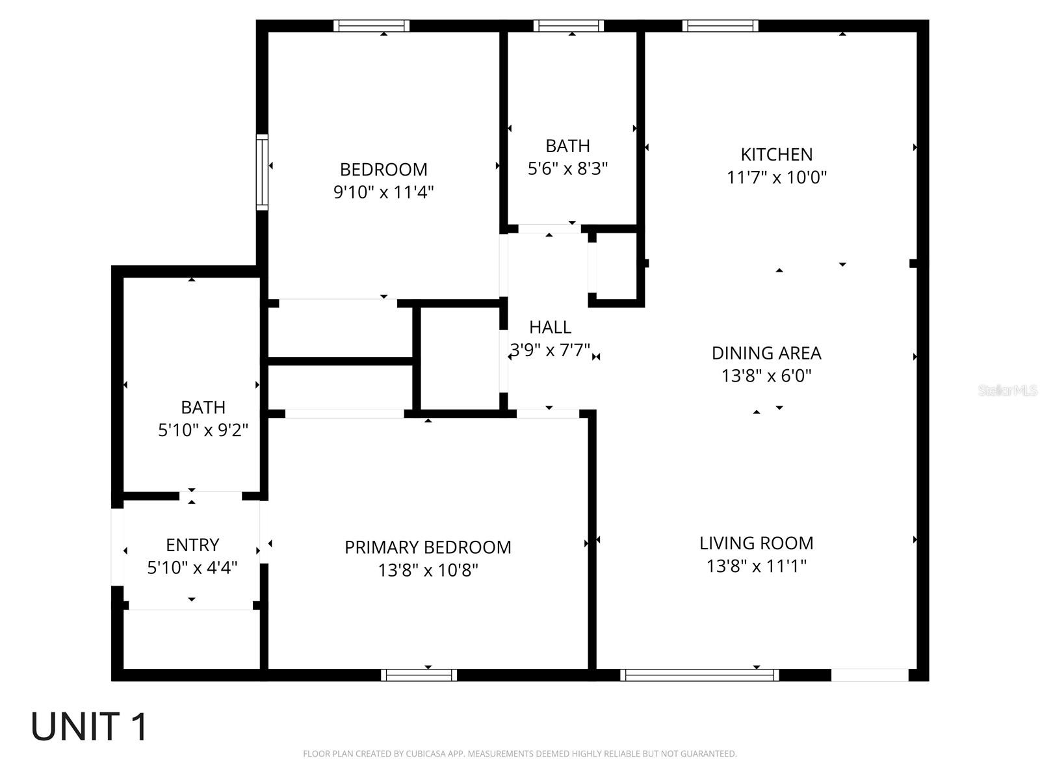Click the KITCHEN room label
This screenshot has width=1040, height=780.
[776, 155]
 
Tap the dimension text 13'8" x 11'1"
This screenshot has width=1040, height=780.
[756, 566]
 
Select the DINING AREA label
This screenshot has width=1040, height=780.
[766, 353]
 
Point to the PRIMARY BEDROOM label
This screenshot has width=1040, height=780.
[428, 547]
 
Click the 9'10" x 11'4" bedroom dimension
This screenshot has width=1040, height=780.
[383, 192]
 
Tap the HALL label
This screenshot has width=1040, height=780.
[550, 327]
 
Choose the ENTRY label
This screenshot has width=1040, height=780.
[192, 545]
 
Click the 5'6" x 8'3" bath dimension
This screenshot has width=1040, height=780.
[567, 169]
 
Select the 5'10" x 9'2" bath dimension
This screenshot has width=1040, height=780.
[203, 430]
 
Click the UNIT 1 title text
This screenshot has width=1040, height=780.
[90, 727]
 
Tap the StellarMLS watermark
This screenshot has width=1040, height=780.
[1007, 391]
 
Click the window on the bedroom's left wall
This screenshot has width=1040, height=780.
[262, 172]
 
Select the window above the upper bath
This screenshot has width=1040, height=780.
[569, 26]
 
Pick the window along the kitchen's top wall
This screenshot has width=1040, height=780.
[720, 26]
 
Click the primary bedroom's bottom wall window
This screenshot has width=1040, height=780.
[419, 675]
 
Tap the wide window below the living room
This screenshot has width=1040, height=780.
[699, 675]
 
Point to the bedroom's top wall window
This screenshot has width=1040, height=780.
[372, 26]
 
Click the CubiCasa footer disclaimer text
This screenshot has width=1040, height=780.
[519, 754]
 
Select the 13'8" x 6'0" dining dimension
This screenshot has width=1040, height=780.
[766, 376]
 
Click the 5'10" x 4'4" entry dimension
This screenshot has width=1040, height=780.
[192, 567]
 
